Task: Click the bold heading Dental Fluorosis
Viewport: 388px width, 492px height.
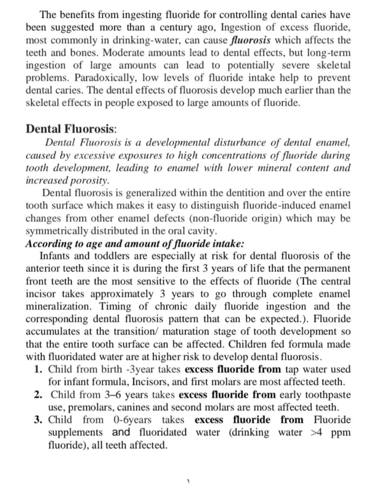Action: [x=71, y=129]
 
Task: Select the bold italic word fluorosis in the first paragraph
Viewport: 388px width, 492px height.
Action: [x=252, y=41]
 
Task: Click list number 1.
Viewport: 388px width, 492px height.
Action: [x=38, y=369]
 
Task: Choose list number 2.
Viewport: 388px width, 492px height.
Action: [x=38, y=395]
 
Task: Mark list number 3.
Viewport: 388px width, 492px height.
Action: [x=38, y=420]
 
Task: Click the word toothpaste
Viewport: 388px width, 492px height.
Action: [x=327, y=395]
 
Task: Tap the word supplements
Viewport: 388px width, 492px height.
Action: [x=75, y=432]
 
